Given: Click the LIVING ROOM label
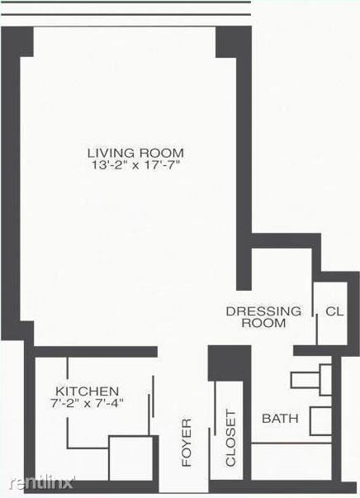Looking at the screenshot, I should tap(135, 153).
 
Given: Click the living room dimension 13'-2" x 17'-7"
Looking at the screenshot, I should tap(135, 166).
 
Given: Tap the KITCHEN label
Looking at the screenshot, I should tap(88, 391).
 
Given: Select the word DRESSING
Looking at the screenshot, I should tap(263, 311).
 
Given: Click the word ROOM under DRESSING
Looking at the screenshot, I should tap(263, 323).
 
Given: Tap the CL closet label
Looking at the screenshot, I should tap(334, 311).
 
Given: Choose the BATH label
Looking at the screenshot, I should tap(280, 419).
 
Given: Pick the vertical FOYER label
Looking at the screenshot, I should tap(187, 442).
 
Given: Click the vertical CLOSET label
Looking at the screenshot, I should tap(230, 438).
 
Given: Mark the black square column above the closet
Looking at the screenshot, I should tap(223, 363).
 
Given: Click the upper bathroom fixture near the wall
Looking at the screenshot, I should tap(310, 378).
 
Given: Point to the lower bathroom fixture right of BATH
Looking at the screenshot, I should tap(320, 420).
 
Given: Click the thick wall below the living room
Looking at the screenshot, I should tap(95, 351).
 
